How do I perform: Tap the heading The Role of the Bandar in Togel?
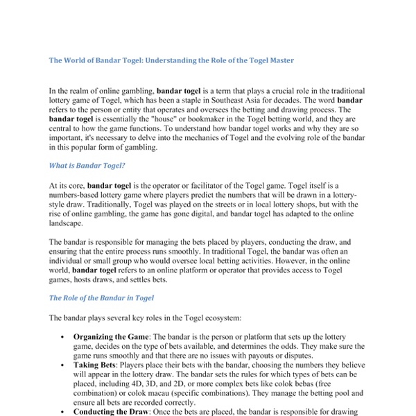[x=101, y=297]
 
